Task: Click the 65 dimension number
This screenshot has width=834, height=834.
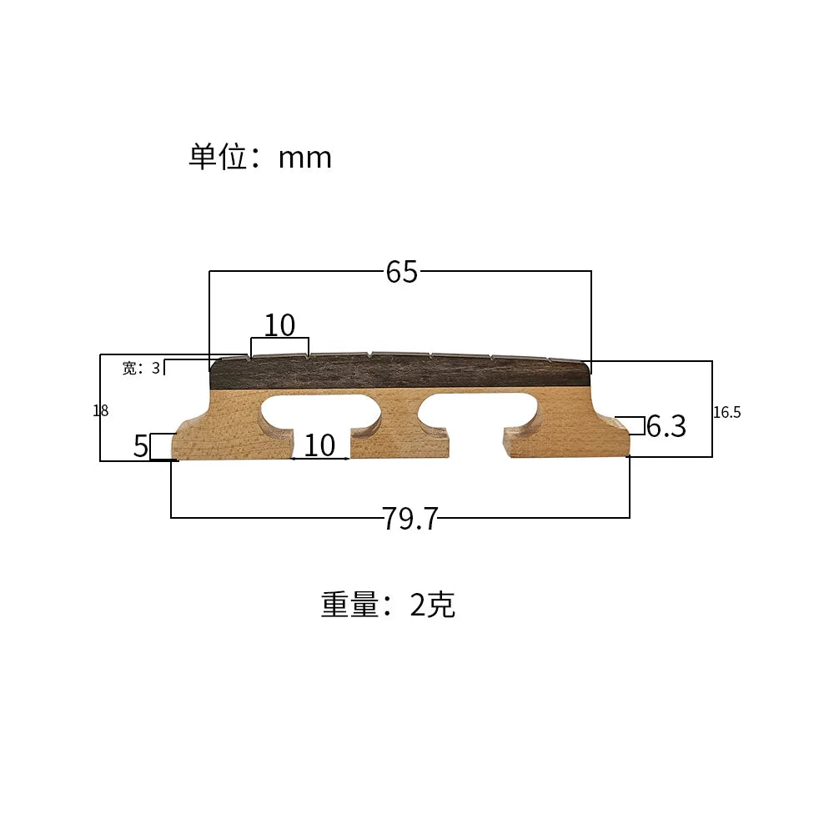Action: tap(402, 272)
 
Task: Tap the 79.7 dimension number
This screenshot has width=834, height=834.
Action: tap(410, 518)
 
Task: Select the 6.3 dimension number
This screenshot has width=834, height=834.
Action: tap(666, 426)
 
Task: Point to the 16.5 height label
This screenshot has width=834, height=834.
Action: tap(727, 412)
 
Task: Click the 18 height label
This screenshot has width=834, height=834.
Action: tap(101, 410)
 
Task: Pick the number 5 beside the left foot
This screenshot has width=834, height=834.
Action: tap(140, 445)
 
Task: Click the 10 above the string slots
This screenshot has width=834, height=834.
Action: tap(279, 325)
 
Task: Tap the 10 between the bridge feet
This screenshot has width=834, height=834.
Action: tap(319, 445)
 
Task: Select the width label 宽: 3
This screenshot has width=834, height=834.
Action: tap(141, 368)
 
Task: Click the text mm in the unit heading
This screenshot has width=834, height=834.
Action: tap(304, 158)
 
